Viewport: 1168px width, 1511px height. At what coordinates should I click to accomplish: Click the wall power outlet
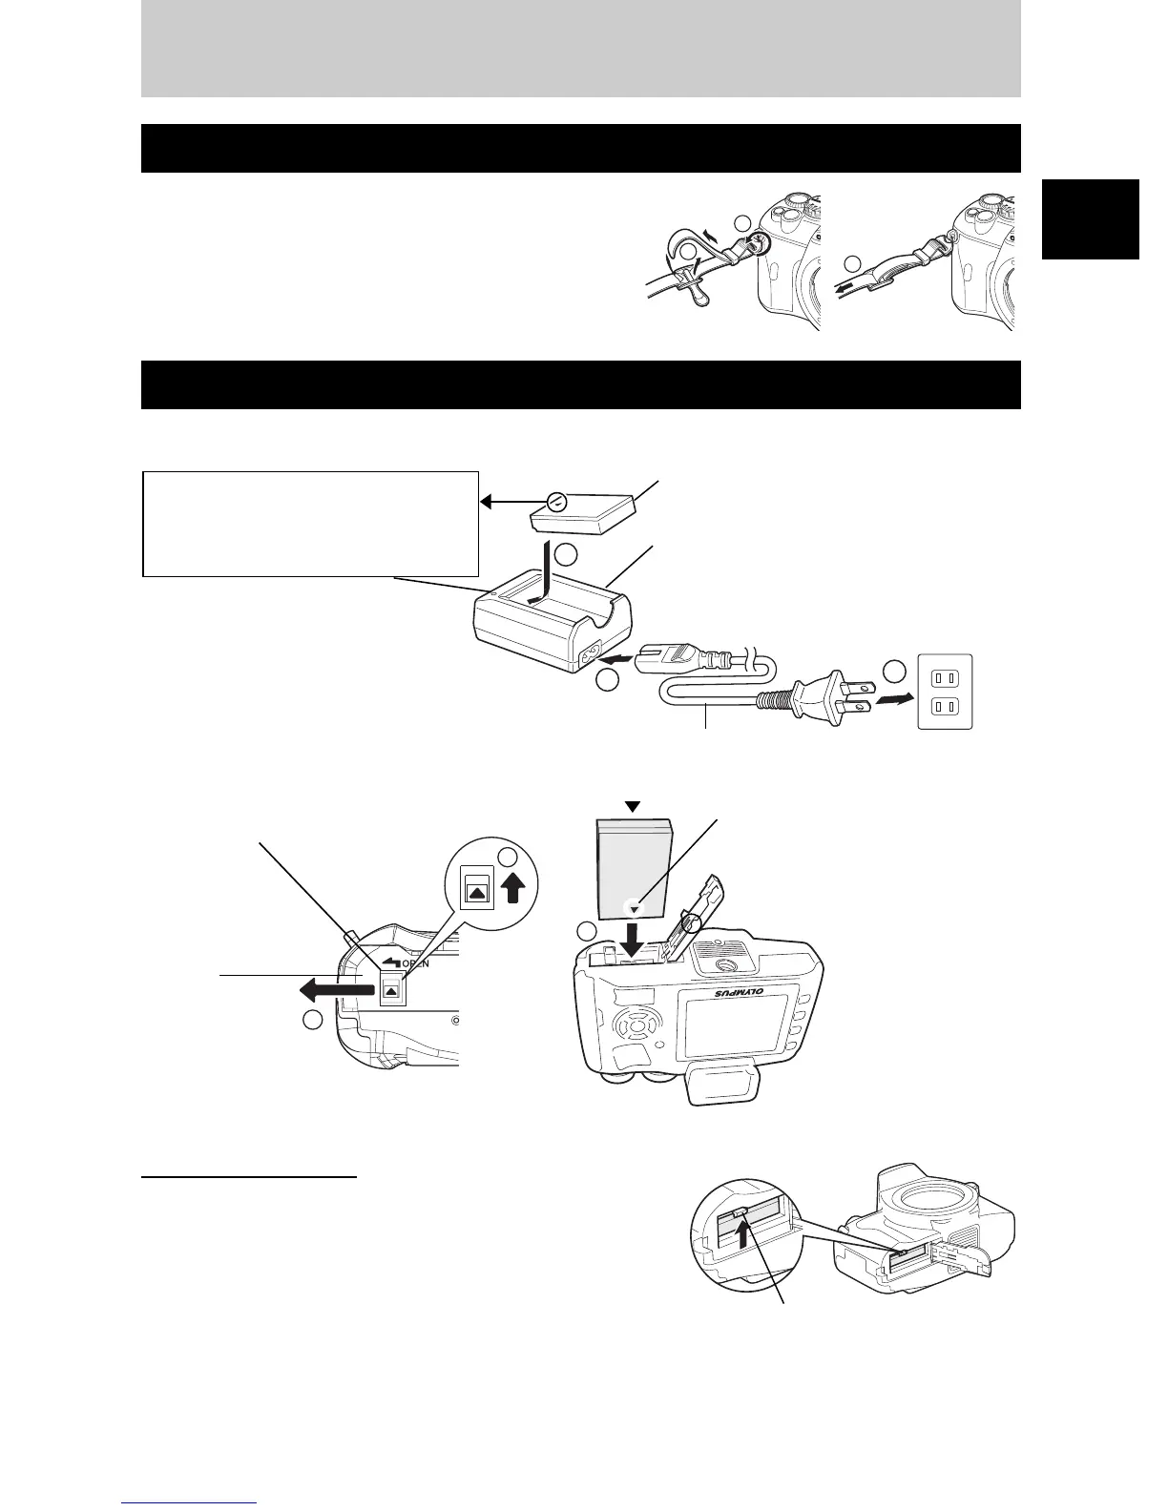click(944, 692)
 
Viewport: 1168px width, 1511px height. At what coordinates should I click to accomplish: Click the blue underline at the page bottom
click(191, 1502)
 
